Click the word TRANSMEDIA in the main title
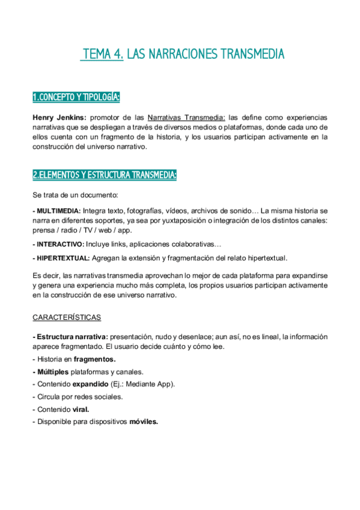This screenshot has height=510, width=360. tap(251, 55)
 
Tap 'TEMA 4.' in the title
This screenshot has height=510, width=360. tap(102, 55)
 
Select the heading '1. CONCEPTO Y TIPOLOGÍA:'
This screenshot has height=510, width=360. tap(76, 97)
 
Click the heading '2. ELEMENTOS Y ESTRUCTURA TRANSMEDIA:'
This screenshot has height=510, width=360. tap(104, 174)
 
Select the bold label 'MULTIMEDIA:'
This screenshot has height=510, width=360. tap(58, 211)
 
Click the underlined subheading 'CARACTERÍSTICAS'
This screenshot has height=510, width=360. tap(66, 317)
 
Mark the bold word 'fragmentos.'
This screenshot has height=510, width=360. tap(94, 359)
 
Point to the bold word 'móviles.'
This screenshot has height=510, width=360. tap(144, 422)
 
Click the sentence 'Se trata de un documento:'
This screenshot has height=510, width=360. tap(75, 195)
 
